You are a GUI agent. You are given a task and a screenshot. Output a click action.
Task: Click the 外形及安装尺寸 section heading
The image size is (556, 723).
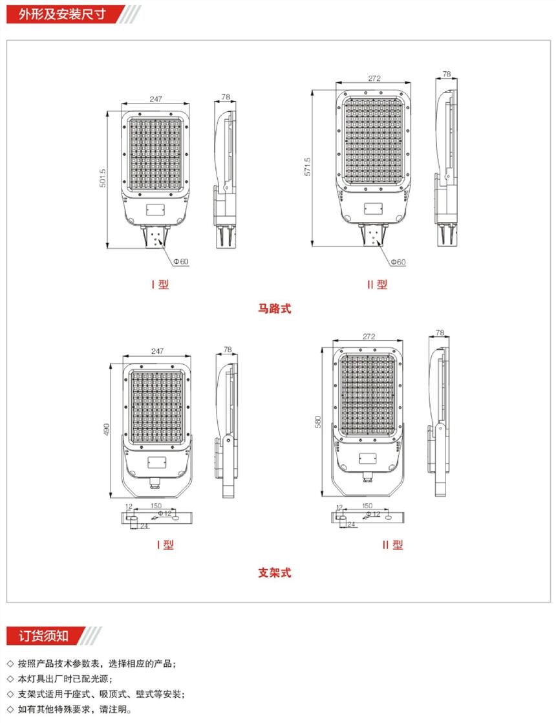coord(62,14)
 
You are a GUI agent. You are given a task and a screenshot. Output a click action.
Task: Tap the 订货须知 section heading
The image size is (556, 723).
coord(43,636)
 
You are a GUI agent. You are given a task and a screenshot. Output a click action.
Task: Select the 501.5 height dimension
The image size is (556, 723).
coord(102,178)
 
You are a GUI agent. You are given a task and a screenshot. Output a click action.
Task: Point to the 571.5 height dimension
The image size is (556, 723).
coord(308,167)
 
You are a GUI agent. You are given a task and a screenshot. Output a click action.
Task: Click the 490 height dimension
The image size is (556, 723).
coord(107,430)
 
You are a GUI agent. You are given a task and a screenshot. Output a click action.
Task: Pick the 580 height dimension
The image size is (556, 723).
coord(317,422)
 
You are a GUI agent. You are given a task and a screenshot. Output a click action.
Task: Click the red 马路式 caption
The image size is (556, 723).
coord(275,308)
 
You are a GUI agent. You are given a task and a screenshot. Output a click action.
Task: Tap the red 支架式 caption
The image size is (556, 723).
coord(275,573)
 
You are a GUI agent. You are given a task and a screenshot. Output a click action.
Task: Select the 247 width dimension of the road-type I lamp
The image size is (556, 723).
coord(156,99)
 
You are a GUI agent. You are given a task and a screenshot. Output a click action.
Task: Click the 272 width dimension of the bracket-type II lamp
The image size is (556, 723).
coord(369,336)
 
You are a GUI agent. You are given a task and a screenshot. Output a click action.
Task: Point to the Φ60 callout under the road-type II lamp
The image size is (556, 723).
coord(398,262)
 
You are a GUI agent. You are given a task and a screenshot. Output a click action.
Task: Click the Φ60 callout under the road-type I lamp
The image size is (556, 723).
coord(181,261)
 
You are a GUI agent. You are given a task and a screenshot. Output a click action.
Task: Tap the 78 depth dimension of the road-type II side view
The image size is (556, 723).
coord(447,74)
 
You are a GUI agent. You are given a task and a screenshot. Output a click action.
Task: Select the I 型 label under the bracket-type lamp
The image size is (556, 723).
coord(165,545)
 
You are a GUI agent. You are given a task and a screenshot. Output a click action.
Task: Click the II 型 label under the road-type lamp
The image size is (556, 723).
coord(378,285)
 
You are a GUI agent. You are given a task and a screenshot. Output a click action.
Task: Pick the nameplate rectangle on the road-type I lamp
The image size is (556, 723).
coord(156,210)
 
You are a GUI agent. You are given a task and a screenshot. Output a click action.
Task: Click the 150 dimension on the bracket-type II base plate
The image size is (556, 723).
coord(367,506)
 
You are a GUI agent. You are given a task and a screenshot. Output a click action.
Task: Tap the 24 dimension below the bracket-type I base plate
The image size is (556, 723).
coord(144,526)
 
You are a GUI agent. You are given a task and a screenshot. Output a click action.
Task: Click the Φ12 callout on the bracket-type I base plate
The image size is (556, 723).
coord(165,513)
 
